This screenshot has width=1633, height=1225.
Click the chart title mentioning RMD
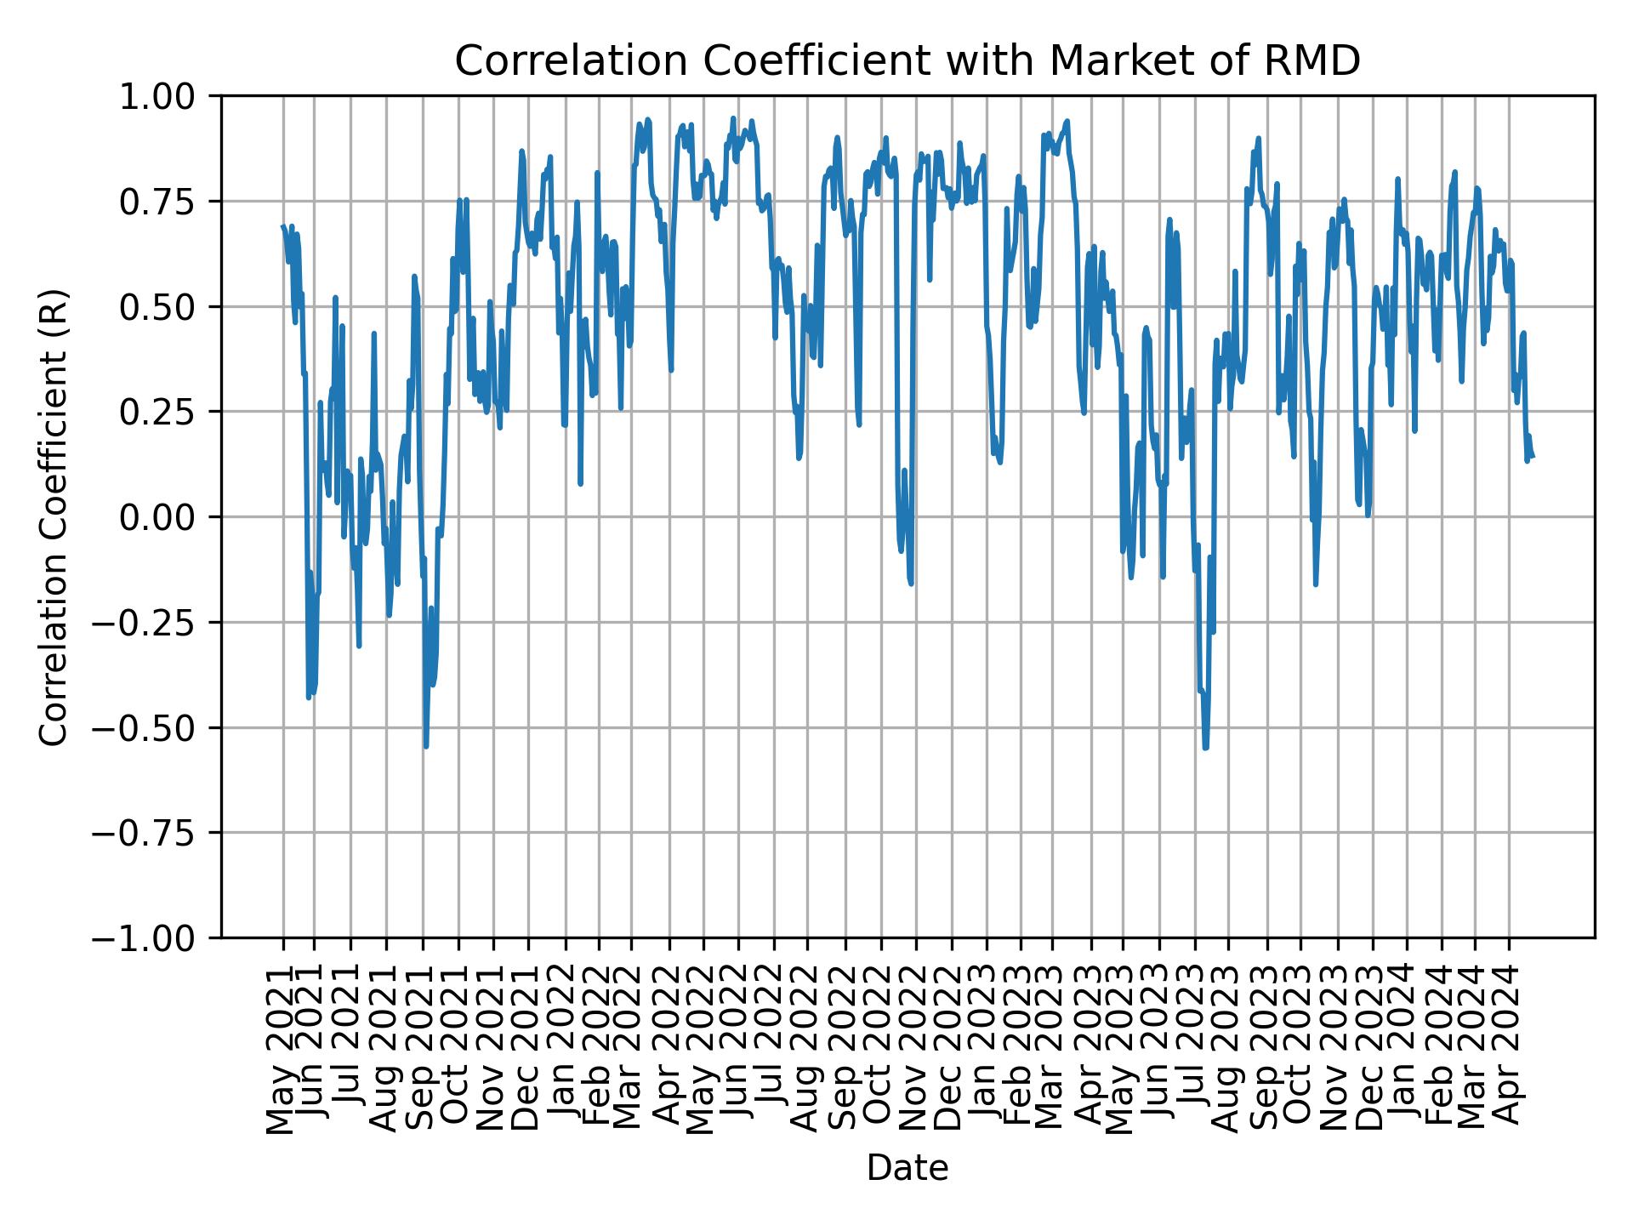click(x=908, y=61)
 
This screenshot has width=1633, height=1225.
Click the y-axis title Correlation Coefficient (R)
click(x=54, y=516)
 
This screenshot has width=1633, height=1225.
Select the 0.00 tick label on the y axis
click(x=168, y=517)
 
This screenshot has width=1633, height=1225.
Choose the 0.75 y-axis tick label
click(x=168, y=202)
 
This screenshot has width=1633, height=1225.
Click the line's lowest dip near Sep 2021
click(x=426, y=746)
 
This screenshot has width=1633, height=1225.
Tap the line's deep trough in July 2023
click(x=1205, y=748)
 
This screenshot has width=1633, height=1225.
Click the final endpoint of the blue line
click(x=1532, y=457)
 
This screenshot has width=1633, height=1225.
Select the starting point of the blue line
click(x=283, y=226)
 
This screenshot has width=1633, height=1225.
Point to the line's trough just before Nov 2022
click(x=911, y=584)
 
